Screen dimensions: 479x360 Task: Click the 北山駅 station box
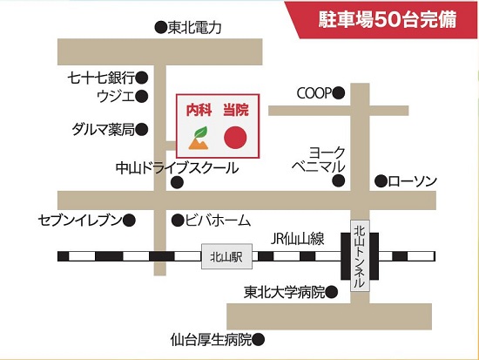(226, 256)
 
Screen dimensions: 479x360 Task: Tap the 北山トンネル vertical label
(360, 255)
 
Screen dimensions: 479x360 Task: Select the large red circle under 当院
(235, 138)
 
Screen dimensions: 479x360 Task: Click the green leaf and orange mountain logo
(199, 138)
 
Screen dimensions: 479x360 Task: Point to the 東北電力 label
(194, 28)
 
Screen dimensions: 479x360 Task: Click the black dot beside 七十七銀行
(142, 78)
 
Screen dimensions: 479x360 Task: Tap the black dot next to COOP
(339, 93)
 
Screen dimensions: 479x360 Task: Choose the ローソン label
(413, 181)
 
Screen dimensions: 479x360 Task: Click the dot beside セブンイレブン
(129, 220)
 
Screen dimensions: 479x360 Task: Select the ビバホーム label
(218, 221)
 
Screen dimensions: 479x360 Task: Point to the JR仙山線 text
(297, 239)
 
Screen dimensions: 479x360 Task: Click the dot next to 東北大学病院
(332, 292)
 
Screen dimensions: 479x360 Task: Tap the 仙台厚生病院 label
(211, 339)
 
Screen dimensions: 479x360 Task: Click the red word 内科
(199, 110)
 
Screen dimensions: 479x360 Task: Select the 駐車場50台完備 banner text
(388, 19)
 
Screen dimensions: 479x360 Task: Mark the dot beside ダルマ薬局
(142, 129)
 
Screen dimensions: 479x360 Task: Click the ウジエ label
(116, 97)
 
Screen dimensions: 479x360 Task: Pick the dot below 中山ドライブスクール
(177, 182)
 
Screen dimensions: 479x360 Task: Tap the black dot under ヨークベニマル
(339, 180)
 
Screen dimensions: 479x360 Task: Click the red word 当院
(236, 110)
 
